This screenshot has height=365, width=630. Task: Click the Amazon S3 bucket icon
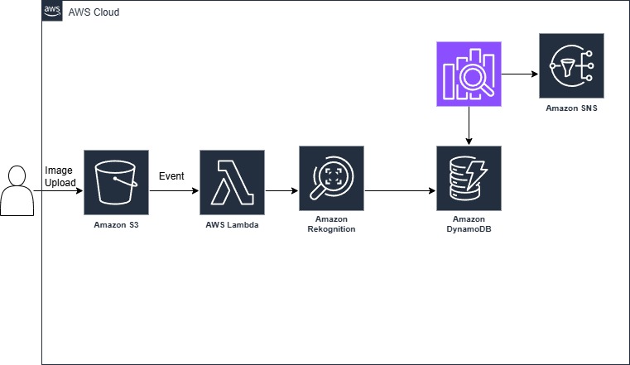click(116, 182)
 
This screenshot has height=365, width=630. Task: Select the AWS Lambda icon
click(232, 182)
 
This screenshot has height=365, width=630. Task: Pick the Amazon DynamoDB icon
click(469, 178)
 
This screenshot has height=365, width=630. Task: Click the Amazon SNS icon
click(571, 65)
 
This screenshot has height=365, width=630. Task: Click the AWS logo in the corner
click(52, 11)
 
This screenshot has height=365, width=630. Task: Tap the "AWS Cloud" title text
click(94, 12)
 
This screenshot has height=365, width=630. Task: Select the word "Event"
click(171, 176)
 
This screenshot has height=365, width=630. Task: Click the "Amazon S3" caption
click(116, 225)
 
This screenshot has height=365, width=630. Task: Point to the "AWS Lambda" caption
click(232, 225)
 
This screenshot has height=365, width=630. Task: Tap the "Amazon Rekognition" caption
click(330, 223)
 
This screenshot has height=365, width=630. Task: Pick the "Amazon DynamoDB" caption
click(469, 223)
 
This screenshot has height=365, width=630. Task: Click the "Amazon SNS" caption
click(571, 108)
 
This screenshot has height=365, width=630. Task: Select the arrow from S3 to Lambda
click(174, 190)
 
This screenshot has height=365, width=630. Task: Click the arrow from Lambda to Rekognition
click(281, 190)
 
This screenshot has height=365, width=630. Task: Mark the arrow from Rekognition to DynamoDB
click(400, 190)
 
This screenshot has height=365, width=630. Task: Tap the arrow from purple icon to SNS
click(520, 74)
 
